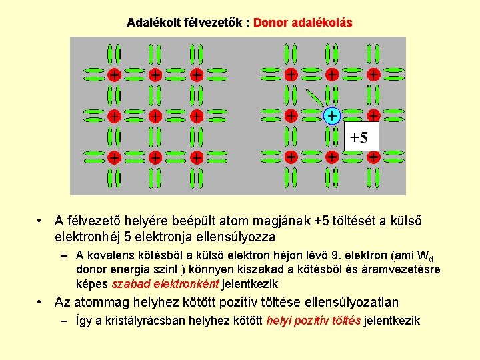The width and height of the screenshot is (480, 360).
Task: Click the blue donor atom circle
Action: coord(331,116)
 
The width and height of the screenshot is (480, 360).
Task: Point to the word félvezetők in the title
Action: coord(213,23)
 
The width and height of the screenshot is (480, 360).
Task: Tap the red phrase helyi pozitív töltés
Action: coord(313,321)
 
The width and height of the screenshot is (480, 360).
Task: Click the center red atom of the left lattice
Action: coord(155,116)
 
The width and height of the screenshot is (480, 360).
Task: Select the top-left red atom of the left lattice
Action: coord(114,75)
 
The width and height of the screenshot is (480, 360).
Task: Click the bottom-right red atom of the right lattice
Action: coord(373,157)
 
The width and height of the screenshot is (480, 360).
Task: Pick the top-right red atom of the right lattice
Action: coord(373,75)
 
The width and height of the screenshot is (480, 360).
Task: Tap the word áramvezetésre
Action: coord(407,269)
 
